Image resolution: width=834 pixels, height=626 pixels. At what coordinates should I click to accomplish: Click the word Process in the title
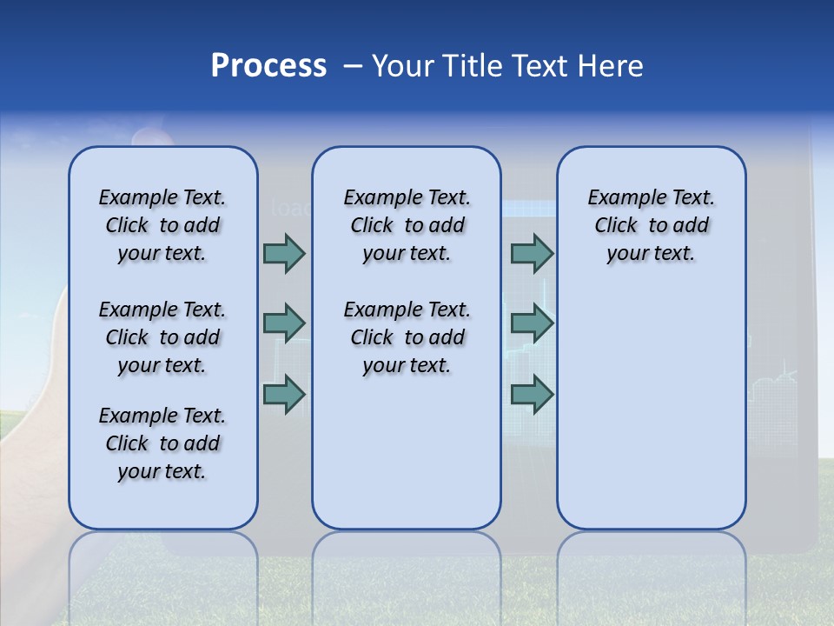[268, 66]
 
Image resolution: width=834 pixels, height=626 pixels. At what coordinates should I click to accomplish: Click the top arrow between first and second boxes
[284, 253]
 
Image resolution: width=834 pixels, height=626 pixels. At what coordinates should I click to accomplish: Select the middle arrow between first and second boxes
[284, 323]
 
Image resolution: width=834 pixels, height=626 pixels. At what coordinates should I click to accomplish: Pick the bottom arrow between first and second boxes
[284, 395]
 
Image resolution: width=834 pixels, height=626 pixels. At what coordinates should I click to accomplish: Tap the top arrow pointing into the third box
[532, 253]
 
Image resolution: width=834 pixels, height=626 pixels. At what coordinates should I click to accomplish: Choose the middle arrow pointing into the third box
[532, 323]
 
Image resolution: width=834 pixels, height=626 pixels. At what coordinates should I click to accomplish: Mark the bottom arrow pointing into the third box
[532, 395]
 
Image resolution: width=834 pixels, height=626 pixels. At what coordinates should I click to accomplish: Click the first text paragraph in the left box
[162, 225]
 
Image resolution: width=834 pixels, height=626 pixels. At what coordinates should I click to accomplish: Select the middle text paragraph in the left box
[162, 337]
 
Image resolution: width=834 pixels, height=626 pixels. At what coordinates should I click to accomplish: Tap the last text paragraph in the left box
[162, 443]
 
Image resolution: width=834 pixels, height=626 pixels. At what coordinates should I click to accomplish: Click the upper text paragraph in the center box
[407, 225]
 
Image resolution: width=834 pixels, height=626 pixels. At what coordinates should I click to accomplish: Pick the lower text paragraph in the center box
[407, 337]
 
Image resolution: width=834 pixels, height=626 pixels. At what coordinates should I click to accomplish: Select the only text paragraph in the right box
[651, 225]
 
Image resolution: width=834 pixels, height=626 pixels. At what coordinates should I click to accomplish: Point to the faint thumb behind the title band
[152, 135]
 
